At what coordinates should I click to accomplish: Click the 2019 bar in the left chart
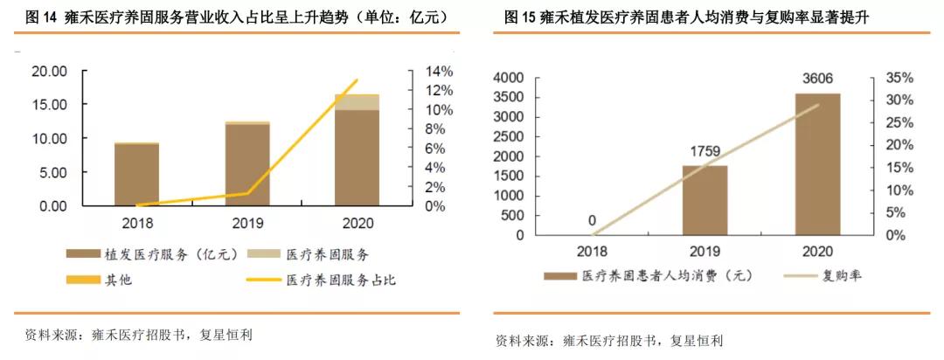247,164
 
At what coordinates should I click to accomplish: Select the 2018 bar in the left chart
136,174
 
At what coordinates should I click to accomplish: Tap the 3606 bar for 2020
817,164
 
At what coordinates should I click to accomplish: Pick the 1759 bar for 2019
705,200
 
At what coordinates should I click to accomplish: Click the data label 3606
817,81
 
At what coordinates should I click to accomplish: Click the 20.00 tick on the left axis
49,71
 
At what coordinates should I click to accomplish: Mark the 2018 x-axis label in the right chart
592,252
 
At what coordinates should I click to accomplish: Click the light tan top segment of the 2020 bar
357,102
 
